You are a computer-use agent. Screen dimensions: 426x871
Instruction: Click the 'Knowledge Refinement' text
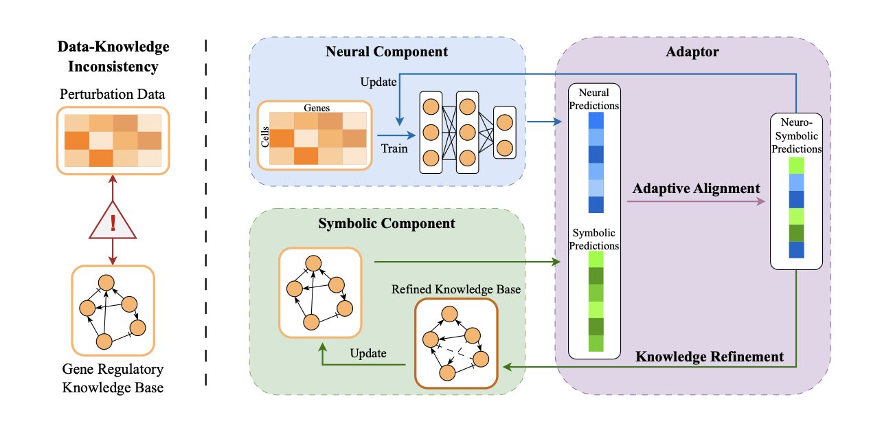[x=710, y=357]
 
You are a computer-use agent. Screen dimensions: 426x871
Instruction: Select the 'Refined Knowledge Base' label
[x=456, y=289]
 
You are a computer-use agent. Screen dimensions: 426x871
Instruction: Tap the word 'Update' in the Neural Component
[x=378, y=82]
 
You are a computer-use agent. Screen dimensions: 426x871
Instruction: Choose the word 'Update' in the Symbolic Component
[x=368, y=353]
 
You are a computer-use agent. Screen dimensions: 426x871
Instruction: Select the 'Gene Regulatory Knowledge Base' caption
[x=113, y=378]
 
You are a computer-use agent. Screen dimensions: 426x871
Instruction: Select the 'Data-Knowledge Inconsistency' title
[x=113, y=57]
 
